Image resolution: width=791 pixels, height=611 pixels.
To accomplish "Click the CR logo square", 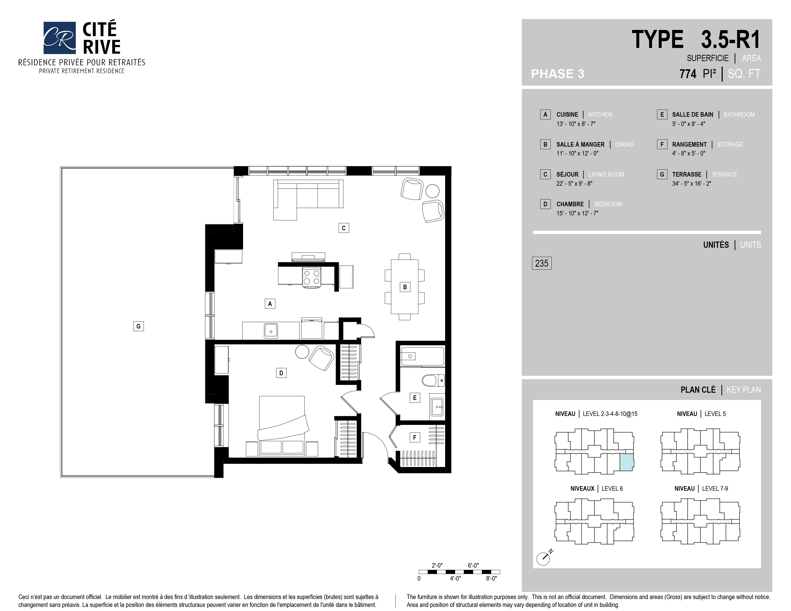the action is [59, 38].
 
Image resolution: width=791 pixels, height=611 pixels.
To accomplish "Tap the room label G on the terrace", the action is [138, 326].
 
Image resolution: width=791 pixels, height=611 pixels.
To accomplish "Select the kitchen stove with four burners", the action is [311, 278].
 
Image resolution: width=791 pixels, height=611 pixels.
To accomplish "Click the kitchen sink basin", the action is [271, 330].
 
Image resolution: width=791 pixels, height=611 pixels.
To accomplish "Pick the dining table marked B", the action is [405, 287].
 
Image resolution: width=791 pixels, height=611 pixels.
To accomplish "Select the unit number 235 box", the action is [541, 263].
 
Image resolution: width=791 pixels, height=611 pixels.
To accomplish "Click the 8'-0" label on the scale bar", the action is [491, 578].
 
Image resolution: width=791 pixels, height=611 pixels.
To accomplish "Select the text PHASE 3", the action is [557, 74].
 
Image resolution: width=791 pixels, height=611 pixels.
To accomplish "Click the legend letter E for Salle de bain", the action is [662, 114].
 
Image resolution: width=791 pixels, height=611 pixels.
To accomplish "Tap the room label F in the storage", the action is [415, 437].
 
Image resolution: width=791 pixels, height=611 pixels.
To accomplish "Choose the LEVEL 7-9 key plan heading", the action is [701, 488].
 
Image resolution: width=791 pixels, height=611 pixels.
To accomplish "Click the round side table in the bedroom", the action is [302, 352].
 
